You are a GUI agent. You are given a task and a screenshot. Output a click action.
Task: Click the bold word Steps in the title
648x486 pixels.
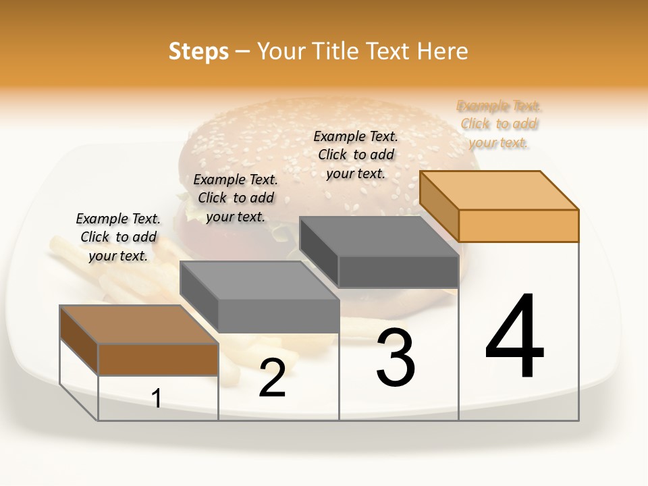[198, 51]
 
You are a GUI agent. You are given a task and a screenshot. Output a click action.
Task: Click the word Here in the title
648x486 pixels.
[442, 51]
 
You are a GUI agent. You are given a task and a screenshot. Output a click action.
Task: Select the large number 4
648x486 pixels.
[515, 337]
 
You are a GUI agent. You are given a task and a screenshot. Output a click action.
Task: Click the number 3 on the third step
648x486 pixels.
[396, 358]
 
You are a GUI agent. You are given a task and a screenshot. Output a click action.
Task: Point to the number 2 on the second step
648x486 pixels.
[272, 378]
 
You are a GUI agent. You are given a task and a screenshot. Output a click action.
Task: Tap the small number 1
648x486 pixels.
[157, 398]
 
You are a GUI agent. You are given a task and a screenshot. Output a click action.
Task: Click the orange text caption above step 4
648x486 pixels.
[499, 124]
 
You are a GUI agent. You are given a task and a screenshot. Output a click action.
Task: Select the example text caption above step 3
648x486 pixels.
[356, 155]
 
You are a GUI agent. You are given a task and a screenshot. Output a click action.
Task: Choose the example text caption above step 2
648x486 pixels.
[236, 198]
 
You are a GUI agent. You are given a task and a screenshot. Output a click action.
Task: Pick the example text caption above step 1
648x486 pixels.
[118, 237]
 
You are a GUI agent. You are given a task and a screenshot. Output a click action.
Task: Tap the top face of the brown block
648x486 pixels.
[139, 324]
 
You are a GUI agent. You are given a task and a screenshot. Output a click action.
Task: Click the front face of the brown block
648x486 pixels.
[158, 359]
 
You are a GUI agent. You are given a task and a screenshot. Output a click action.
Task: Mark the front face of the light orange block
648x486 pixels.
[518, 225]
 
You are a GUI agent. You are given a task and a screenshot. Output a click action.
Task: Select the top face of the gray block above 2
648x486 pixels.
[259, 280]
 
